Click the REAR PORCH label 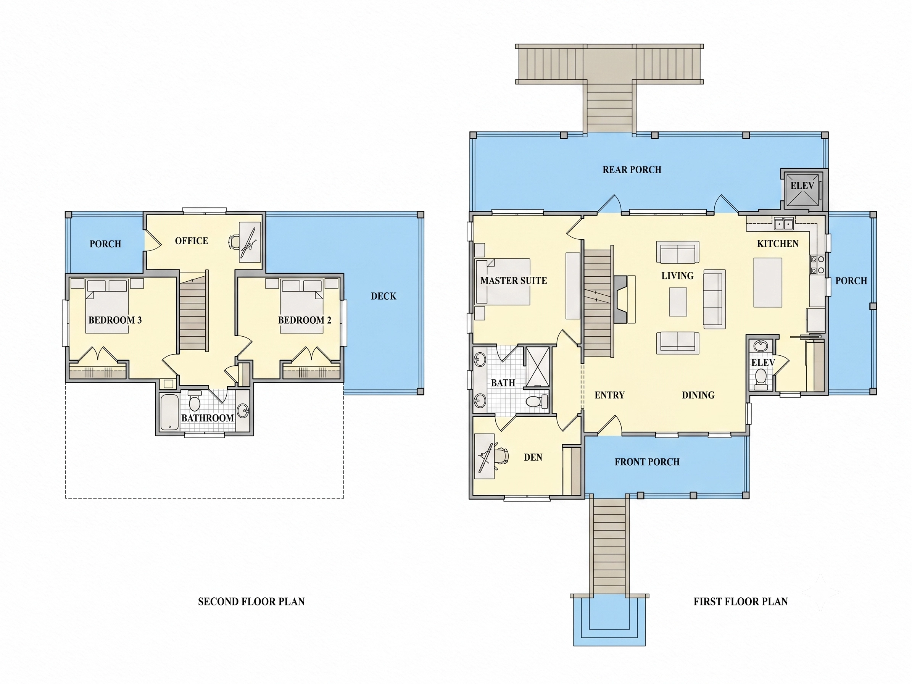[x=632, y=169]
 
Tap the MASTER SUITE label [x=513, y=281]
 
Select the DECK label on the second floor [x=383, y=296]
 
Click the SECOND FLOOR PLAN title [x=251, y=602]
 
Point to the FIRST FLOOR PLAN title [x=741, y=602]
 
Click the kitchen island [x=768, y=282]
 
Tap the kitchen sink [x=783, y=224]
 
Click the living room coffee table [x=678, y=302]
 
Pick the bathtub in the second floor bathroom [x=169, y=412]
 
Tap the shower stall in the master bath [x=538, y=367]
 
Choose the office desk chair [x=234, y=242]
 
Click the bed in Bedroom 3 [x=107, y=306]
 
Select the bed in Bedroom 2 [x=301, y=306]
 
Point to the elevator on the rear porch [x=802, y=189]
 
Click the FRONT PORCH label [x=647, y=462]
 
